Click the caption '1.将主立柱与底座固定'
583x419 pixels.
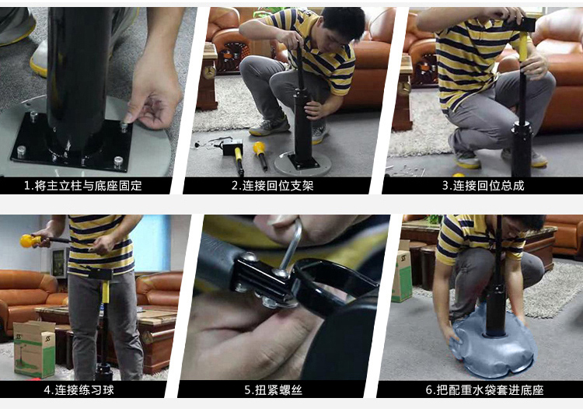(83, 185)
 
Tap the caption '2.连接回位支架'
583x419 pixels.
(273, 185)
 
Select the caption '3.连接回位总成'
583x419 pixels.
(483, 185)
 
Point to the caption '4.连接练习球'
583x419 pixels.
(79, 389)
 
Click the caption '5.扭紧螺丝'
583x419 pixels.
(274, 389)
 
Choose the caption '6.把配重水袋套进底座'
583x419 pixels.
(484, 389)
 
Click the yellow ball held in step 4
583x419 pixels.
(27, 241)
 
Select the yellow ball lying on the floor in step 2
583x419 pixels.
(259, 148)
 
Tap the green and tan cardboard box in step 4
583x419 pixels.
(34, 348)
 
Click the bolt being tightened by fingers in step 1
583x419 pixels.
(124, 127)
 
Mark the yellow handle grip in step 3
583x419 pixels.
(523, 47)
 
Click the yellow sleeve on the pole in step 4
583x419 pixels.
(106, 292)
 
